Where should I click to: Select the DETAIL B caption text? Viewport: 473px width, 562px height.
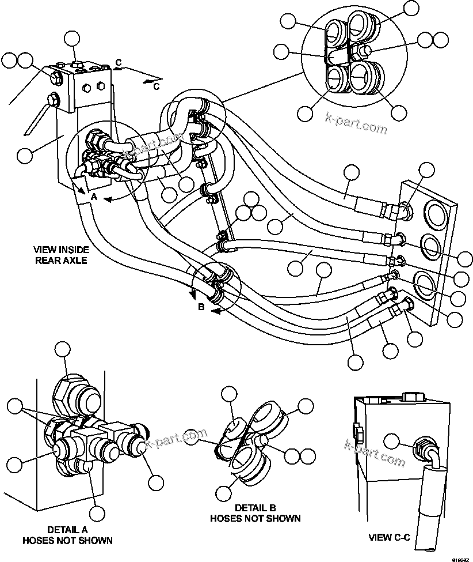coord(255,512)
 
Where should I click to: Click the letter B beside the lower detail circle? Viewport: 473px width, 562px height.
coord(201,307)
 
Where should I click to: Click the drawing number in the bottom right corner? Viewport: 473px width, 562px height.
coord(460,557)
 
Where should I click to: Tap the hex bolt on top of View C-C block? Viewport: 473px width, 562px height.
coord(413,397)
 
